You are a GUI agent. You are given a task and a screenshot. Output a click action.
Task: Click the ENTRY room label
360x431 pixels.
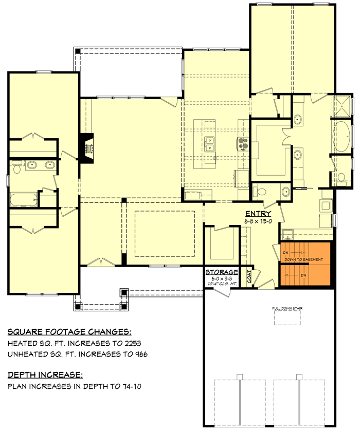[x=258, y=214]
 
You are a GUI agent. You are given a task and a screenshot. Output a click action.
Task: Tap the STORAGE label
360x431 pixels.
[x=222, y=272]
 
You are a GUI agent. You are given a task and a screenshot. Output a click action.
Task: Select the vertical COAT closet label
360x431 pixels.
[x=249, y=277]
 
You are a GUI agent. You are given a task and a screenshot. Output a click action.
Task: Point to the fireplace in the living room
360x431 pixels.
[x=87, y=148]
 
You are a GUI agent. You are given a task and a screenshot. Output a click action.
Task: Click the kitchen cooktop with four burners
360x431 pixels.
[x=242, y=143]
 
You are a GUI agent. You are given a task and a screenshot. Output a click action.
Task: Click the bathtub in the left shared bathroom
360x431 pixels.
[x=24, y=199]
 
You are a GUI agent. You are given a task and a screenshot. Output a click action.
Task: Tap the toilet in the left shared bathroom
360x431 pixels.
[x=16, y=168]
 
